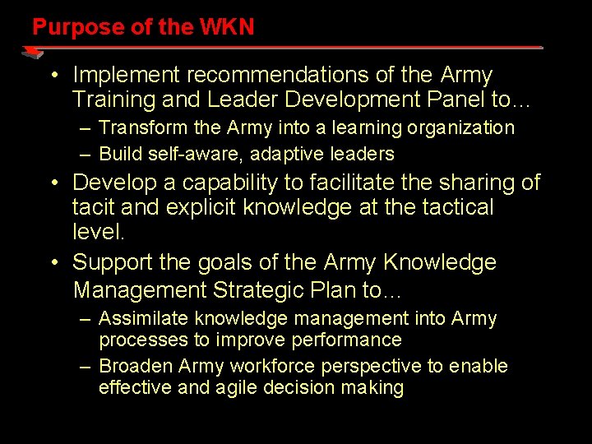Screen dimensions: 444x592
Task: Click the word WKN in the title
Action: coord(227,27)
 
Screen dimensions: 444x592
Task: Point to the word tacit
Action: coord(92,207)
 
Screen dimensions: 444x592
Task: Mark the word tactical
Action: coord(453,207)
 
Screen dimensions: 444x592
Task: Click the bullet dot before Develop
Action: coord(53,183)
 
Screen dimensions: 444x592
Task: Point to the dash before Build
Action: coord(86,154)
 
